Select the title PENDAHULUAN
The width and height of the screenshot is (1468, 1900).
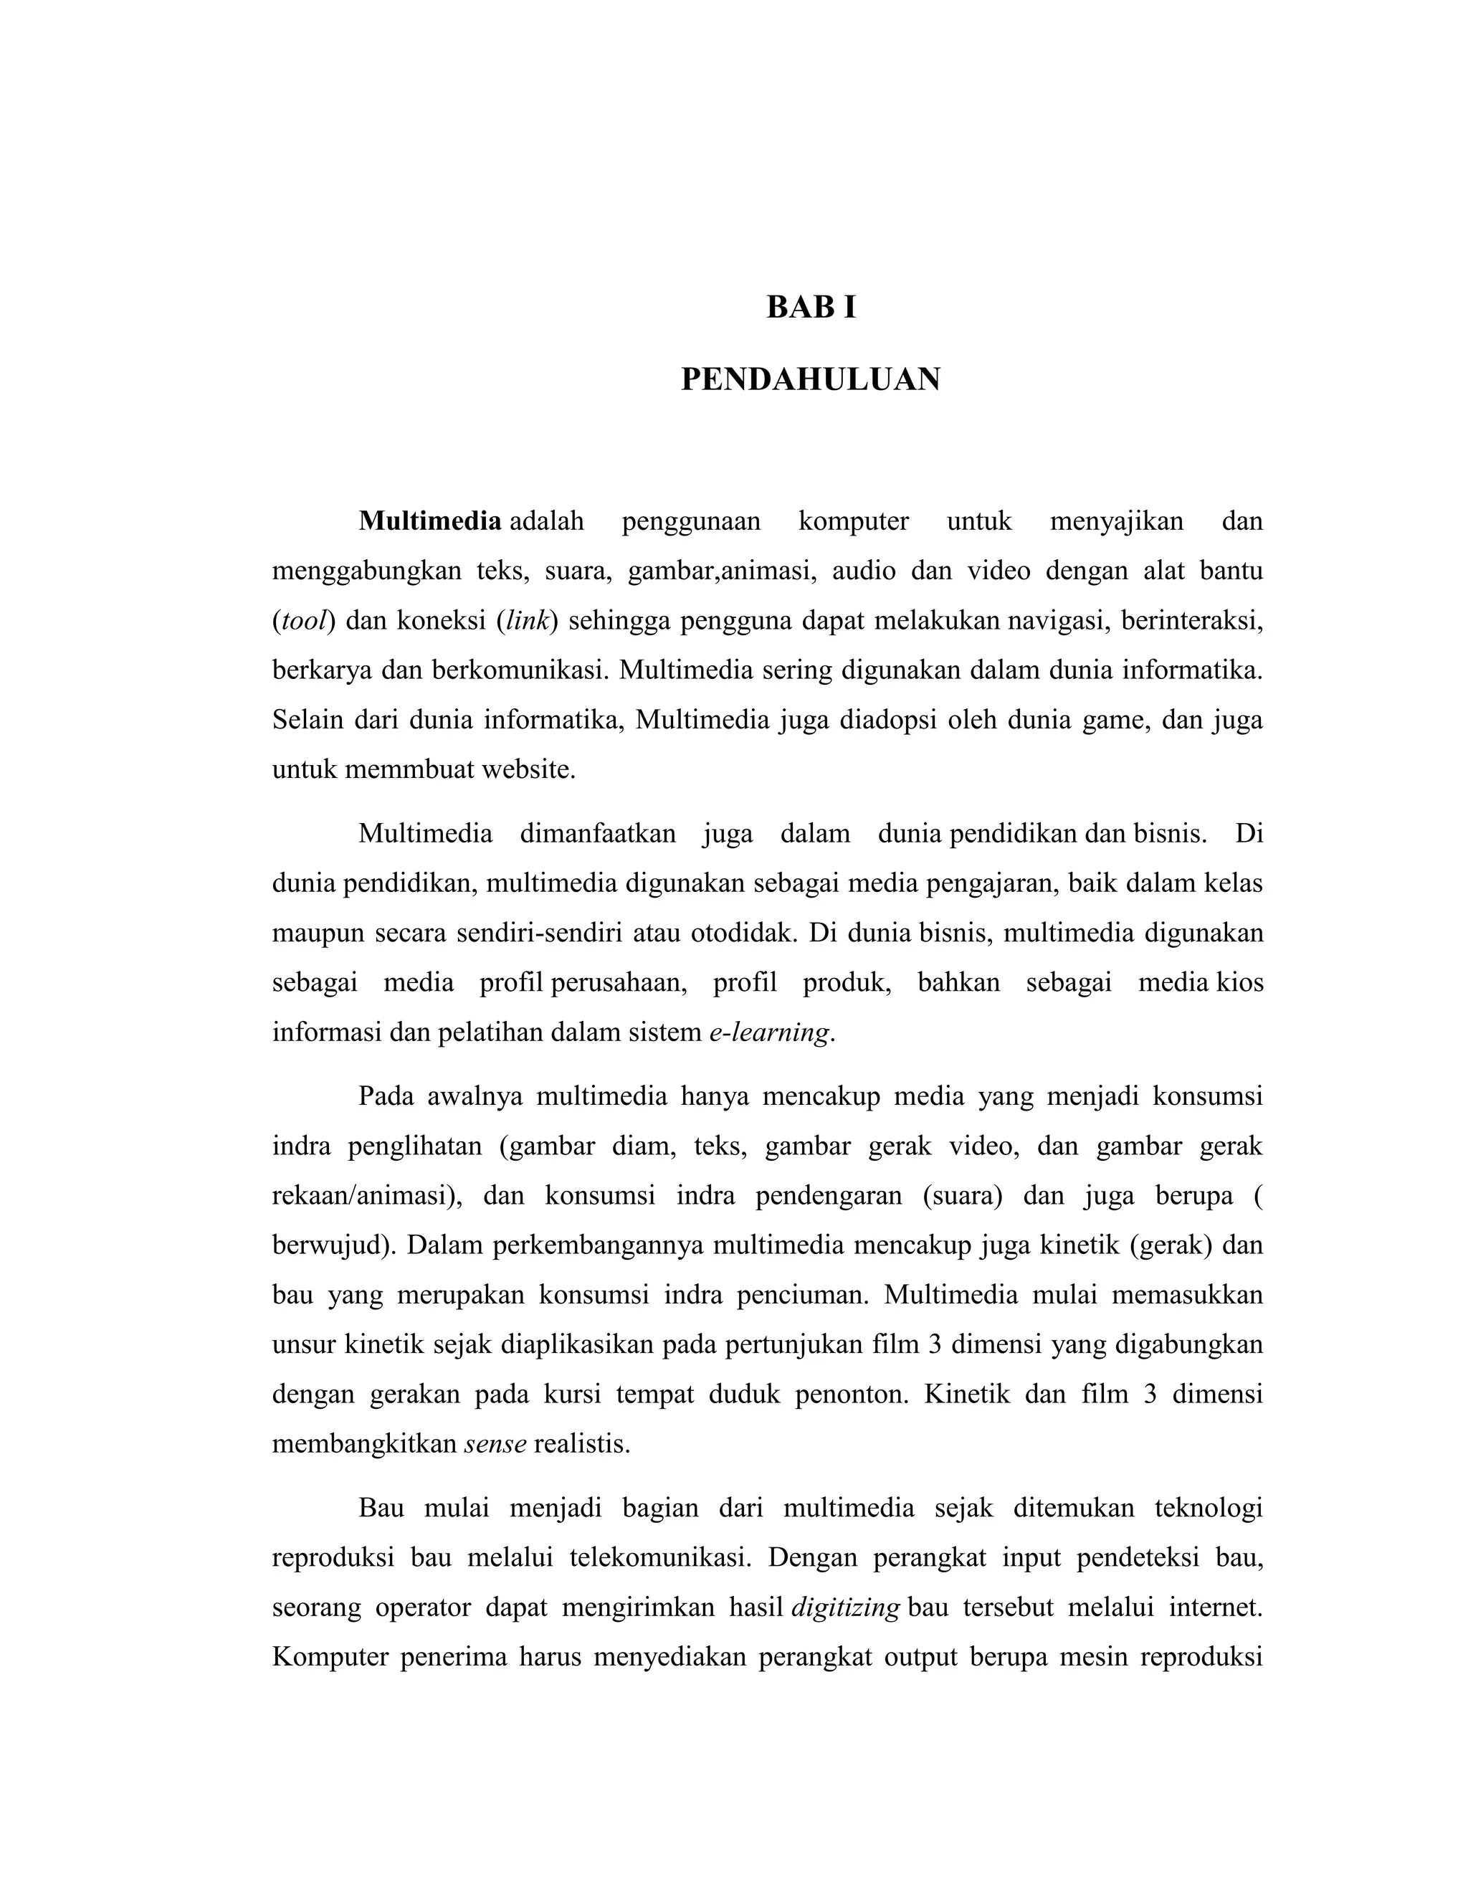pos(811,380)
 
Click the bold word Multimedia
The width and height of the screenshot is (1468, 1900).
pos(429,521)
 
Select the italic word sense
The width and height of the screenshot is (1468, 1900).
pos(495,1444)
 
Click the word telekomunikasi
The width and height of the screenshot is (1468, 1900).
pos(660,1557)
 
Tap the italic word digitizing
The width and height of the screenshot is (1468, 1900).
pos(845,1607)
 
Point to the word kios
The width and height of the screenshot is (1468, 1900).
pos(1239,983)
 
